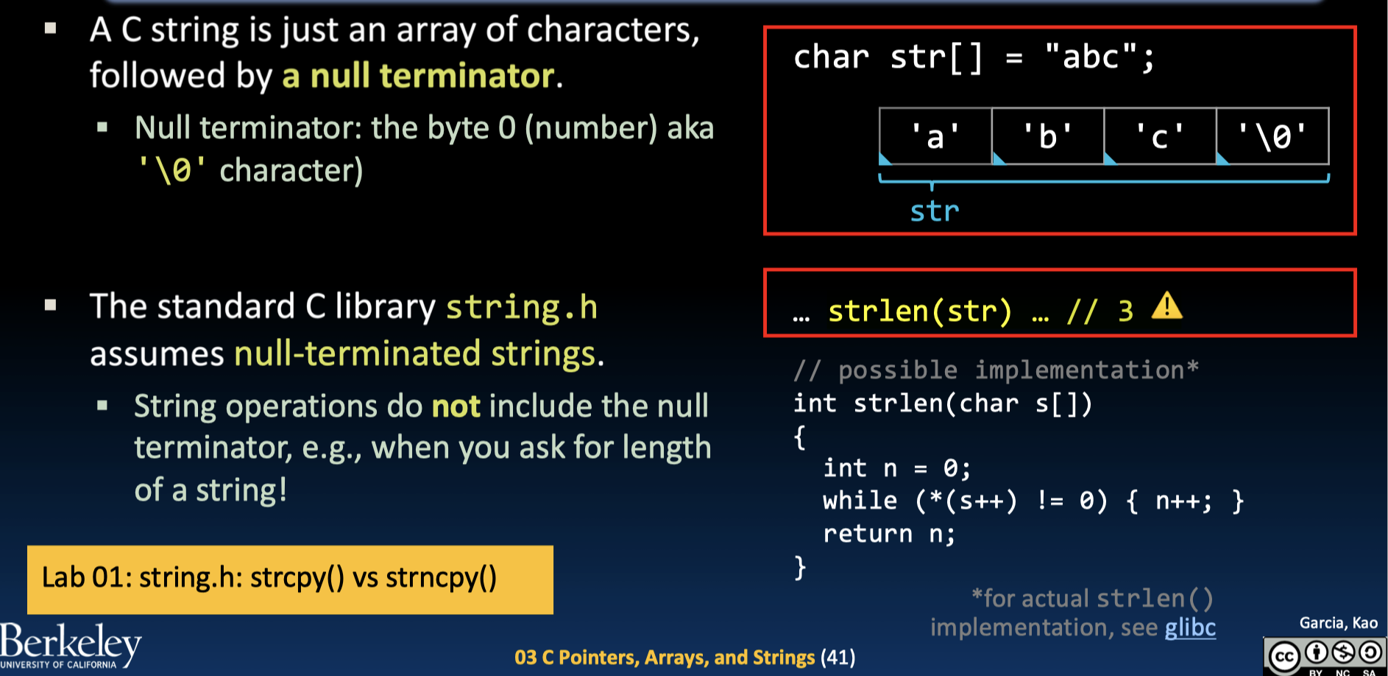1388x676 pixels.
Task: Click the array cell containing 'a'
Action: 935,136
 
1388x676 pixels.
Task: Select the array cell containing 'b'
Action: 1047,136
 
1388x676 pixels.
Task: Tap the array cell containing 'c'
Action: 1160,136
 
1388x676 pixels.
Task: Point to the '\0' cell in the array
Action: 1272,136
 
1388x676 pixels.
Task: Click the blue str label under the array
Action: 935,211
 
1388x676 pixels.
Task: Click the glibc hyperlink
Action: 1190,627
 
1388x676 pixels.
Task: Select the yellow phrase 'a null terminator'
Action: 418,76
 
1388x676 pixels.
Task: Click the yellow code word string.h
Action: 521,307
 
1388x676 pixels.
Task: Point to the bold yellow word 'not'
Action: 456,406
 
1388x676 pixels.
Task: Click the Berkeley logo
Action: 70,646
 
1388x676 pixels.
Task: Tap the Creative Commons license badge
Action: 1324,655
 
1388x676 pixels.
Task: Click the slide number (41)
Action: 838,657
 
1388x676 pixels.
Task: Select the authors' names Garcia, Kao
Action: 1338,623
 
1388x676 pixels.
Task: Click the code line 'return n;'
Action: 888,534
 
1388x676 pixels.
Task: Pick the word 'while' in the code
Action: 860,501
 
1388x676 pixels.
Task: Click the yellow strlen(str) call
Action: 920,311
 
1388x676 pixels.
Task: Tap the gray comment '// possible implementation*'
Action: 996,370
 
